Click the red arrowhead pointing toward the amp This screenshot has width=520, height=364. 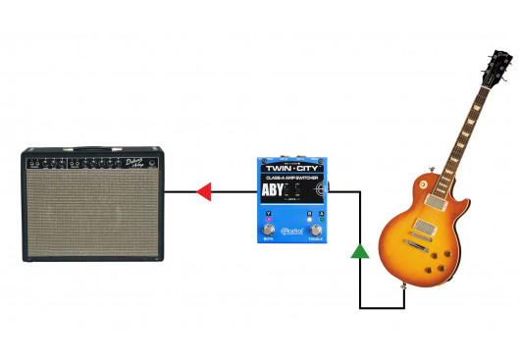tap(204, 191)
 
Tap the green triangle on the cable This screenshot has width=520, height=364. tap(361, 251)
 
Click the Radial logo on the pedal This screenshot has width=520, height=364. tap(292, 233)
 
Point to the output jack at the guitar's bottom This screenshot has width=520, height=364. tap(405, 287)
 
